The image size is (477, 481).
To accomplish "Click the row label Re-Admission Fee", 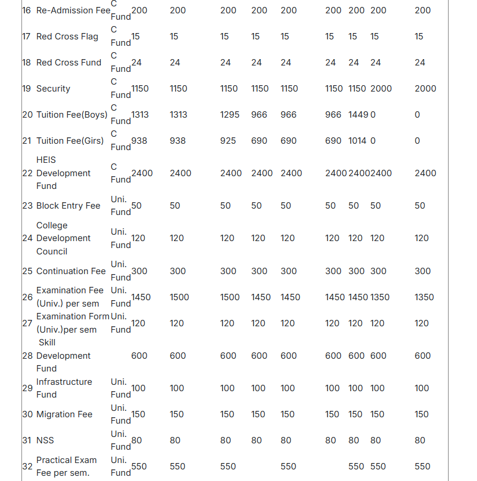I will coord(73,10).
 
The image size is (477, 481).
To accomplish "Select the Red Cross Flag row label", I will coord(67,37).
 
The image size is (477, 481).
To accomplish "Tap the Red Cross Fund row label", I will coord(68,63).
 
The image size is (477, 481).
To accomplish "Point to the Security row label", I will coord(53,89).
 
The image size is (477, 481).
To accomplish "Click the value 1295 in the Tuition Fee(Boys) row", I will coord(230,115).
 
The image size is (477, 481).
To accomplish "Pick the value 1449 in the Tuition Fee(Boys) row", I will coord(358,115).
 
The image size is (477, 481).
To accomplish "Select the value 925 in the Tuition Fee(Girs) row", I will coord(228,141).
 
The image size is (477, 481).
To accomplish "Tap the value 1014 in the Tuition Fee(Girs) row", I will coord(358,141).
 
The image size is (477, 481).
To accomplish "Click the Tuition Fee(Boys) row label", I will coord(72,115).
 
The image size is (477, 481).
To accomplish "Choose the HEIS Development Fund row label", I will coord(63,173).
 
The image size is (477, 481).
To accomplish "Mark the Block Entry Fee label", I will coord(68,206).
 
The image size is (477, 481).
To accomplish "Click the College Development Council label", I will coord(63,238).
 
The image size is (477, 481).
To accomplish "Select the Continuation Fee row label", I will coord(71,271).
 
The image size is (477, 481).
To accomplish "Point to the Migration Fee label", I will coord(64,414).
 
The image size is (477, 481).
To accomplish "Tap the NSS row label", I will coord(45,440).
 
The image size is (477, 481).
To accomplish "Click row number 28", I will coord(27,355).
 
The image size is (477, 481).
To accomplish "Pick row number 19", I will coord(27,89).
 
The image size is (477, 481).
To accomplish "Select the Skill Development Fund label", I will coord(63,355).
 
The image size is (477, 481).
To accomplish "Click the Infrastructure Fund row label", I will coord(64,388).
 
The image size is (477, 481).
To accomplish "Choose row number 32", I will coord(27,467).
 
